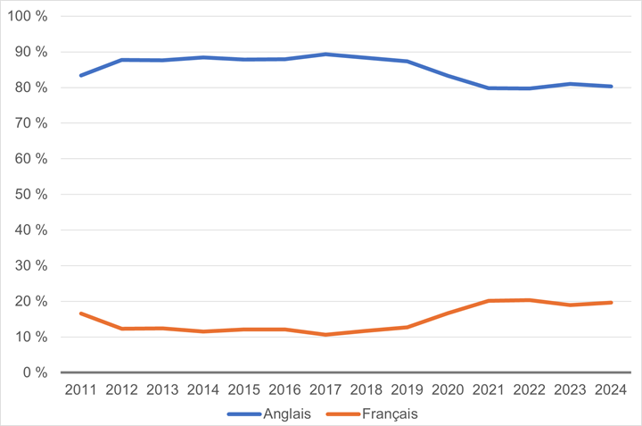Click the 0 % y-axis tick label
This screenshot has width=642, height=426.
[x=35, y=372]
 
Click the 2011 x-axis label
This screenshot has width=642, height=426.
[x=80, y=389]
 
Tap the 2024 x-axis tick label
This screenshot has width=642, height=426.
[x=610, y=389]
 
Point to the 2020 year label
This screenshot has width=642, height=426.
[x=447, y=389]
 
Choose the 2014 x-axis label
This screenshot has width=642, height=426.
[x=204, y=389]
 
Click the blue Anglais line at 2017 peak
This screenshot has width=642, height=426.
[x=327, y=54]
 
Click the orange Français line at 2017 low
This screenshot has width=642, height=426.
[x=327, y=335]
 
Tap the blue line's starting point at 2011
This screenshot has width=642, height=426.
[x=80, y=75]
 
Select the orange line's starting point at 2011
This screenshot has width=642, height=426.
[x=80, y=313]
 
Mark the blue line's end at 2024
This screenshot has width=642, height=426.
[x=611, y=87]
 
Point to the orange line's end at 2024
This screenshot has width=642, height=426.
[x=611, y=303]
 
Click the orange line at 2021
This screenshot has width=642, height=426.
[x=488, y=301]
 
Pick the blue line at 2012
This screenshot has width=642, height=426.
[x=121, y=60]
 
